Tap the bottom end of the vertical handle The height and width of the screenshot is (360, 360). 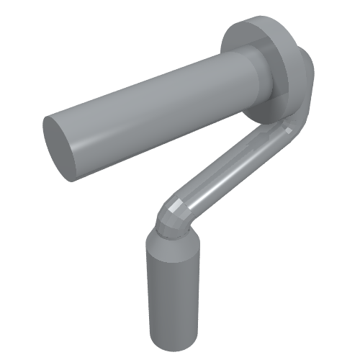173,344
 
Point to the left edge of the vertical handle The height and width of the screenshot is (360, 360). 148,288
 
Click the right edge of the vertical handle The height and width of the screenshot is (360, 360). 197,288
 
